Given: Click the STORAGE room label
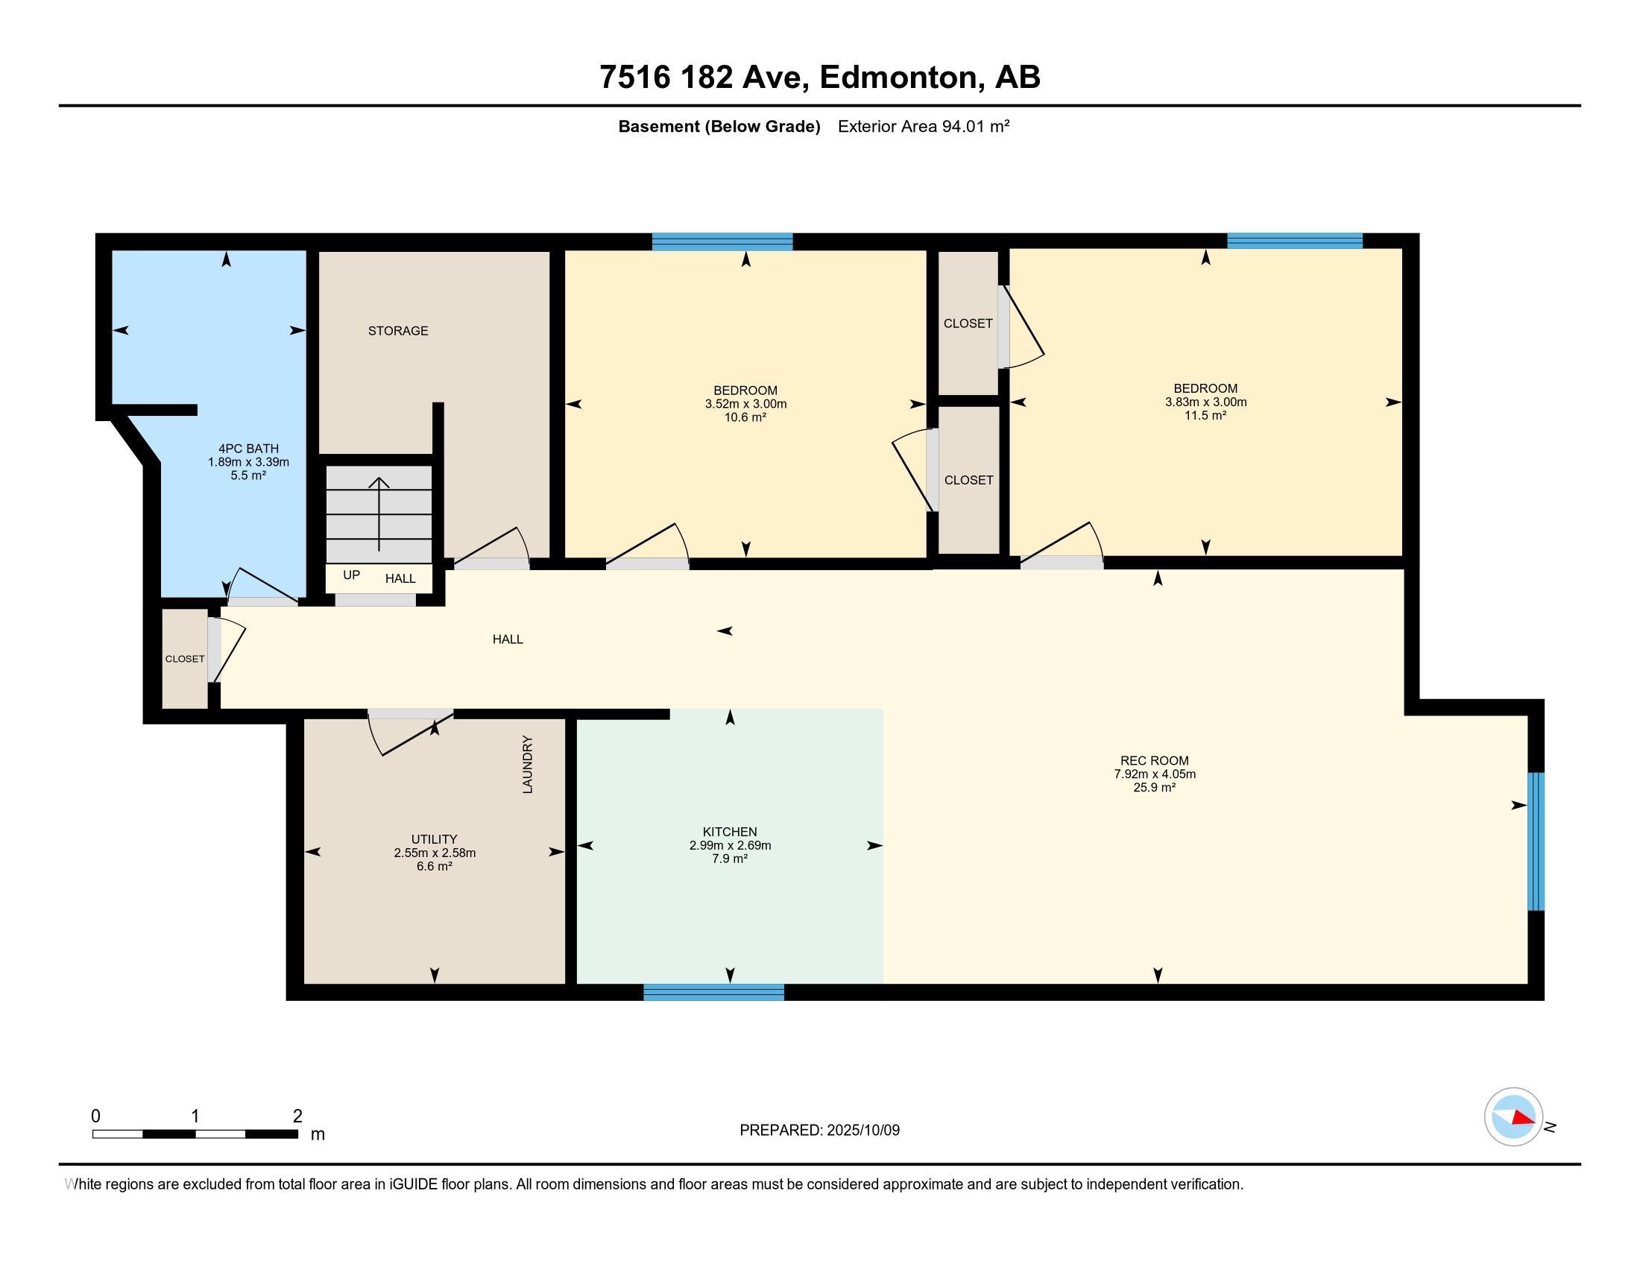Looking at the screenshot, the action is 398,331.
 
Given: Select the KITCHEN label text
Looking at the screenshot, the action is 730,832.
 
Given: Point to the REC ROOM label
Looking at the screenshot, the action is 1154,760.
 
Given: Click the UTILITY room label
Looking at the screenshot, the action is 434,839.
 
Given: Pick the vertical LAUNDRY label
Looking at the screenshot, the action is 527,764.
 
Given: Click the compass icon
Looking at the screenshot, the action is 1513,1117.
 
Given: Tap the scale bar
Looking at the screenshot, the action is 195,1134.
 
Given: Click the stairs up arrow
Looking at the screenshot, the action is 379,514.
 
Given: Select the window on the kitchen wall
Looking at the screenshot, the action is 714,992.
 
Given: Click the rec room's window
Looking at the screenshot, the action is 1536,841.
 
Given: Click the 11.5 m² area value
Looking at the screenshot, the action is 1205,415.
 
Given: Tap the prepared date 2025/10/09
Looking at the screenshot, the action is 862,1130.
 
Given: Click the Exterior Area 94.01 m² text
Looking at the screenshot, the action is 924,126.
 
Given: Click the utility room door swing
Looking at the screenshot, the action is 411,732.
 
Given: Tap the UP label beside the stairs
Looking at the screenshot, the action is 351,575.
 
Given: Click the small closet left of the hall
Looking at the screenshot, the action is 185,658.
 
